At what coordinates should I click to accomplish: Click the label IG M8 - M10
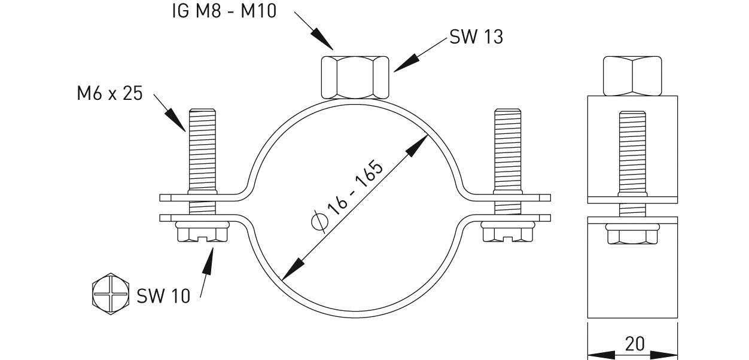(x=224, y=11)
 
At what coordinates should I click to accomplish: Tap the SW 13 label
(x=476, y=36)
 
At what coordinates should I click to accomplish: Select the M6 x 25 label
(x=109, y=93)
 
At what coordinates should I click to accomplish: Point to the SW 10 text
(x=163, y=296)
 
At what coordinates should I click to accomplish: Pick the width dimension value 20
(x=635, y=344)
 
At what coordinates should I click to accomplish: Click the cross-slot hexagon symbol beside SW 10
(x=111, y=294)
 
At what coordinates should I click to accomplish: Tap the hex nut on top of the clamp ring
(x=355, y=78)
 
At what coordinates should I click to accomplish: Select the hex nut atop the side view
(x=632, y=76)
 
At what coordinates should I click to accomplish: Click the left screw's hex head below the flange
(x=202, y=231)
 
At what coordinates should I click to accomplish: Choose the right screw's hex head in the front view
(x=507, y=231)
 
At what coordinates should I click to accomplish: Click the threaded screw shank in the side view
(x=632, y=164)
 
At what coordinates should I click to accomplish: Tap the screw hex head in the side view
(x=632, y=234)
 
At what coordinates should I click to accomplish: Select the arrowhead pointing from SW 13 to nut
(x=407, y=63)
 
